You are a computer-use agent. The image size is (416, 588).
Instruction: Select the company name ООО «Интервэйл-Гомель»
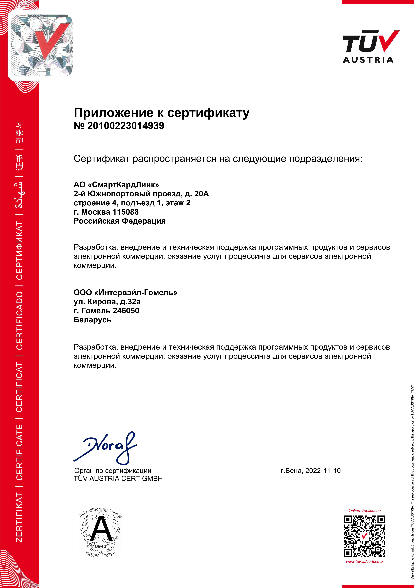(x=125, y=293)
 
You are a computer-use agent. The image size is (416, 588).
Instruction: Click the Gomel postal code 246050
(x=126, y=311)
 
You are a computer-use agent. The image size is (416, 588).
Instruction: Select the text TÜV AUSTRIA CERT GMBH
(x=118, y=479)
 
